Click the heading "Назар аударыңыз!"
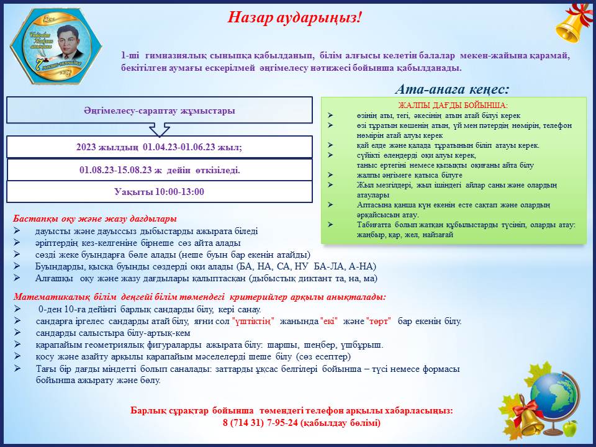pyautogui.click(x=295, y=17)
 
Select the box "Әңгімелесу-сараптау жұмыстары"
pyautogui.click(x=160, y=111)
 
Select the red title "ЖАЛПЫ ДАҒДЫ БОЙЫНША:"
pyautogui.click(x=453, y=106)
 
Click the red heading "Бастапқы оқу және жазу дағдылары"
pyautogui.click(x=95, y=219)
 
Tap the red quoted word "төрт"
pyautogui.click(x=378, y=321)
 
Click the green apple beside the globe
pyautogui.click(x=569, y=428)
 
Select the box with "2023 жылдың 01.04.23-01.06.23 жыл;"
pyautogui.click(x=160, y=147)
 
